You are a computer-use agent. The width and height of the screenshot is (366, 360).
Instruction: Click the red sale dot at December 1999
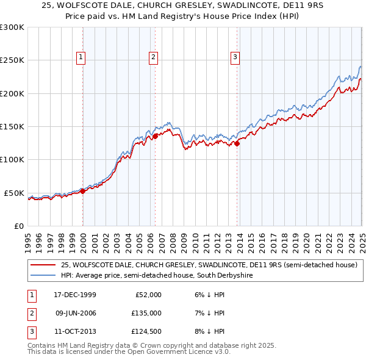click(83, 192)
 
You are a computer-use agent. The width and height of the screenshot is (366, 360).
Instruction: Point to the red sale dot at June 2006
click(155, 136)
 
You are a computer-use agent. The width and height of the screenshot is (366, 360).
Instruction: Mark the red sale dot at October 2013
click(237, 143)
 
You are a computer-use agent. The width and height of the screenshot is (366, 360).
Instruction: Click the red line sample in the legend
click(43, 265)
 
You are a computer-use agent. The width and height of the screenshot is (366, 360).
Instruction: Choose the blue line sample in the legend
click(43, 276)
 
